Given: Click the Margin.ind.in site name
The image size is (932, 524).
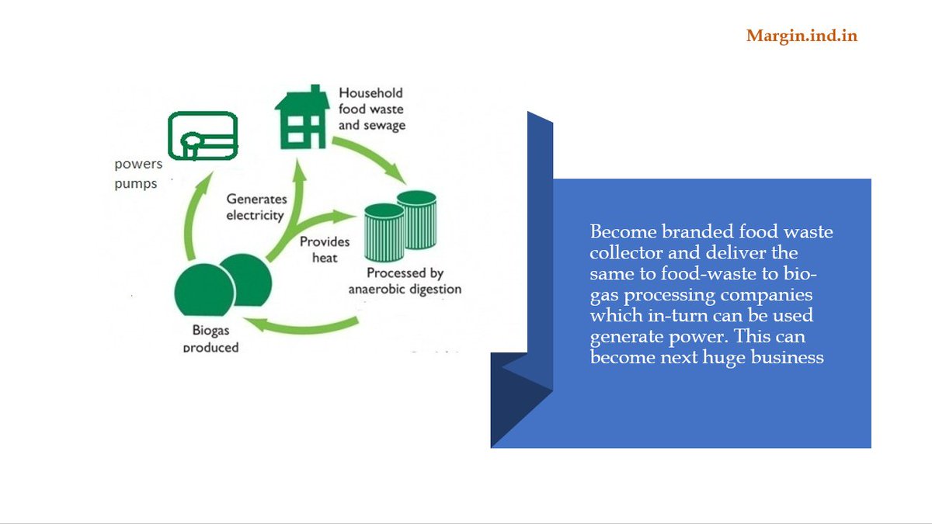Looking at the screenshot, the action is [x=802, y=36].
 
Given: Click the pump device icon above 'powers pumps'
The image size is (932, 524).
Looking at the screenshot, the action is [x=203, y=135].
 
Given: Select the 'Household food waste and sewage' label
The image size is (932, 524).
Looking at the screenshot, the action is [x=371, y=109].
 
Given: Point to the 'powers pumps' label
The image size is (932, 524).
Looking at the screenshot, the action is [x=137, y=174].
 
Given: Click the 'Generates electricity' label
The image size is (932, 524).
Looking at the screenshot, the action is [x=255, y=207].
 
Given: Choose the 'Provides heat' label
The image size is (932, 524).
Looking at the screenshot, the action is [x=325, y=249].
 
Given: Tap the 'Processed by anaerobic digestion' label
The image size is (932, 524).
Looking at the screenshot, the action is [x=405, y=281].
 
